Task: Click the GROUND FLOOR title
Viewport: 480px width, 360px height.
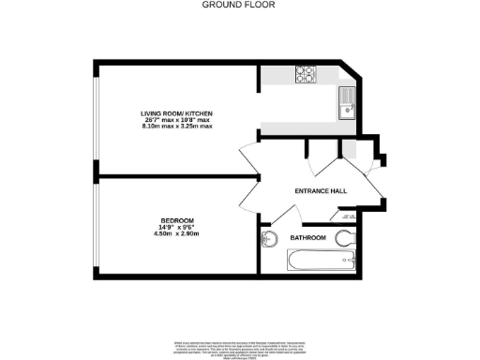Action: point(239,5)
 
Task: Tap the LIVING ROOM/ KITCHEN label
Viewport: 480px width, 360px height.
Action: point(177,112)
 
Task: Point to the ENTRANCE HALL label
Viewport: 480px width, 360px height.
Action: point(321,190)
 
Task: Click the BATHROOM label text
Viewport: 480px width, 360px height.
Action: point(307,238)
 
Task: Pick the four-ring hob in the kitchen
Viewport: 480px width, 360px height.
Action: point(306,73)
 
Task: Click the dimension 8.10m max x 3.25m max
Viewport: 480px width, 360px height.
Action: point(177,127)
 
